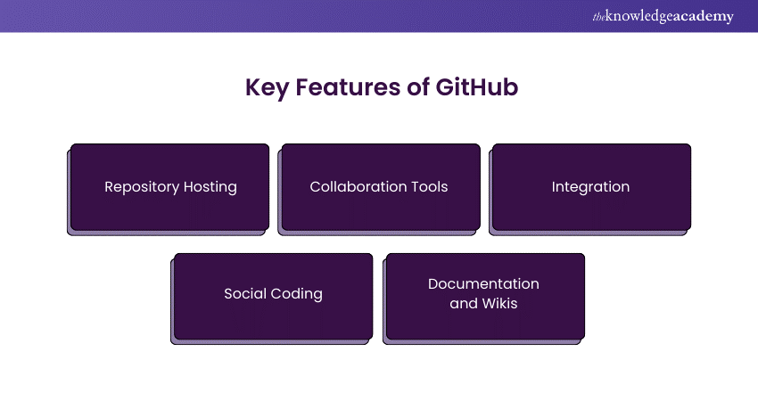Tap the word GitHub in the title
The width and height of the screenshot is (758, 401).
[477, 89]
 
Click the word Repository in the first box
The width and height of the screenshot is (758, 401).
[142, 187]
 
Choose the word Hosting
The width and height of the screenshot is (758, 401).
[210, 187]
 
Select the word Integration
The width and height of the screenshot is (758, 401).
[590, 187]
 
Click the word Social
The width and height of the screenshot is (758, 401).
[245, 294]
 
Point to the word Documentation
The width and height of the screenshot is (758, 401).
[483, 284]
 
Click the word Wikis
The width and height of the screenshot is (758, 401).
[500, 304]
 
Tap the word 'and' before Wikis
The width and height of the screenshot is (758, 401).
[464, 304]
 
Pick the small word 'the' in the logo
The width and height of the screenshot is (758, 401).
[598, 16]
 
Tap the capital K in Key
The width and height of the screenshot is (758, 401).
[253, 89]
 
